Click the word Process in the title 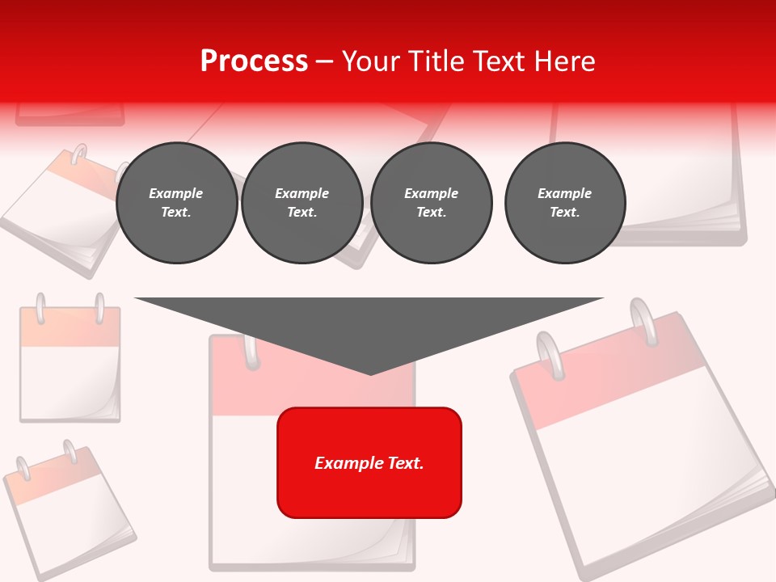tap(254, 61)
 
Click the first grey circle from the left tap(176, 203)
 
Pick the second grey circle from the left tap(302, 203)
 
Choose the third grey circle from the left tap(432, 203)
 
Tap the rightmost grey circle tap(565, 203)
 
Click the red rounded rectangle tap(369, 462)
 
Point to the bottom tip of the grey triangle tap(370, 374)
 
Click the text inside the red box tap(369, 463)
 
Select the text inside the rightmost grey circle tap(565, 203)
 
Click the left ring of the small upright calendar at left tap(40, 309)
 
